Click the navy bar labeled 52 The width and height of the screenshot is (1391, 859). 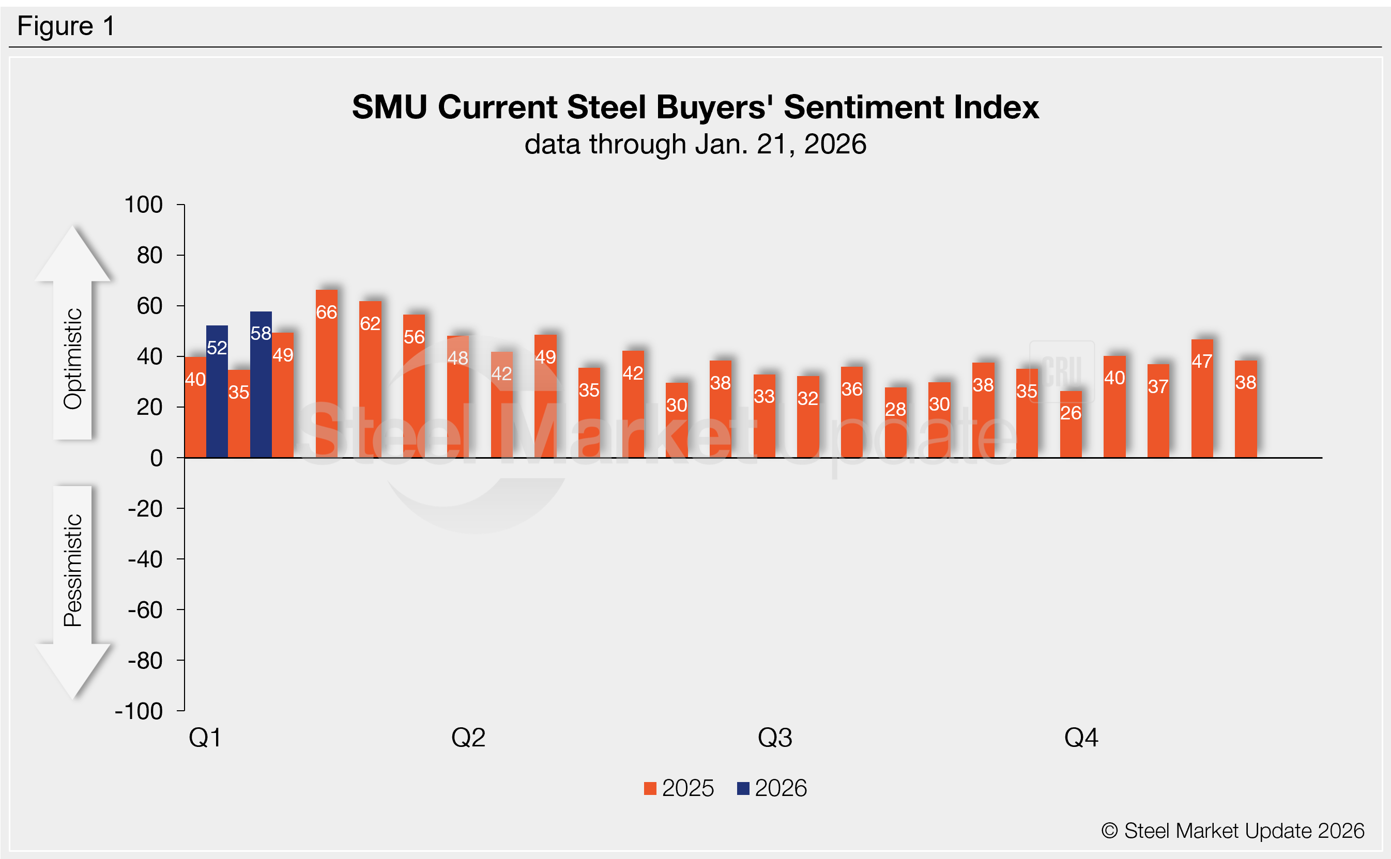coord(217,392)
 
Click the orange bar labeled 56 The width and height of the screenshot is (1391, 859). coord(414,386)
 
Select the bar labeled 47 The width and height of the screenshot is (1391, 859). coord(1202,398)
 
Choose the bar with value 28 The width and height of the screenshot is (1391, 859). coord(896,423)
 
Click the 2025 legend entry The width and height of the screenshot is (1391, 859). coord(679,789)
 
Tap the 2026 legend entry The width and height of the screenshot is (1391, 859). coord(772,789)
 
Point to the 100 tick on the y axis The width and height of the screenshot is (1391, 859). coord(144,205)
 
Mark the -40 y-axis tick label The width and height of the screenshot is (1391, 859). coord(146,560)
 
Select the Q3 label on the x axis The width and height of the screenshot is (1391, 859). coord(775,738)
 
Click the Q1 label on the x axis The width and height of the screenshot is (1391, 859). coord(205,738)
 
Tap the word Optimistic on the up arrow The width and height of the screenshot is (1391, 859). coord(73,359)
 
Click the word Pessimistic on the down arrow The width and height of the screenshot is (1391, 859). coord(73,570)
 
